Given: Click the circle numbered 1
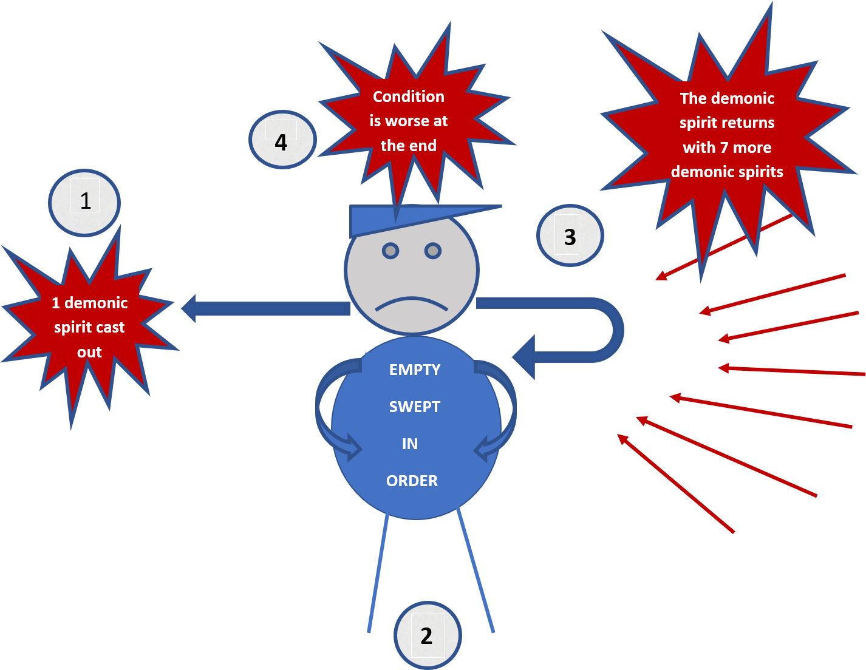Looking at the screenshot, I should click(84, 202).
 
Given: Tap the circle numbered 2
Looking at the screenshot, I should click(428, 635).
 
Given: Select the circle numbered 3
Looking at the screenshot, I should click(570, 236).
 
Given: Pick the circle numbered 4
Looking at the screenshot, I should click(282, 140).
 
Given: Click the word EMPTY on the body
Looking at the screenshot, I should click(415, 370).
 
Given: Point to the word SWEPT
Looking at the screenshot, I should click(415, 407).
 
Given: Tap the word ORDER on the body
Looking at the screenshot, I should click(412, 481).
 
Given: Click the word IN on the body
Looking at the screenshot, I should click(410, 444).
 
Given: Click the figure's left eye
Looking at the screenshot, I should click(390, 251).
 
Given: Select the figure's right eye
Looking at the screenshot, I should click(433, 251).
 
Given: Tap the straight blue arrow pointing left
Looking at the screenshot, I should click(267, 308).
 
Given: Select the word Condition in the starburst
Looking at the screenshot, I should click(409, 96).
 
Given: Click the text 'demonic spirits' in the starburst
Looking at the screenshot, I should click(727, 172).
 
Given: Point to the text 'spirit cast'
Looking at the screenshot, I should click(89, 327).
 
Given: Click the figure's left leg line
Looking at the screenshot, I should click(378, 574).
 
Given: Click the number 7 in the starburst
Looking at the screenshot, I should click(724, 147).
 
